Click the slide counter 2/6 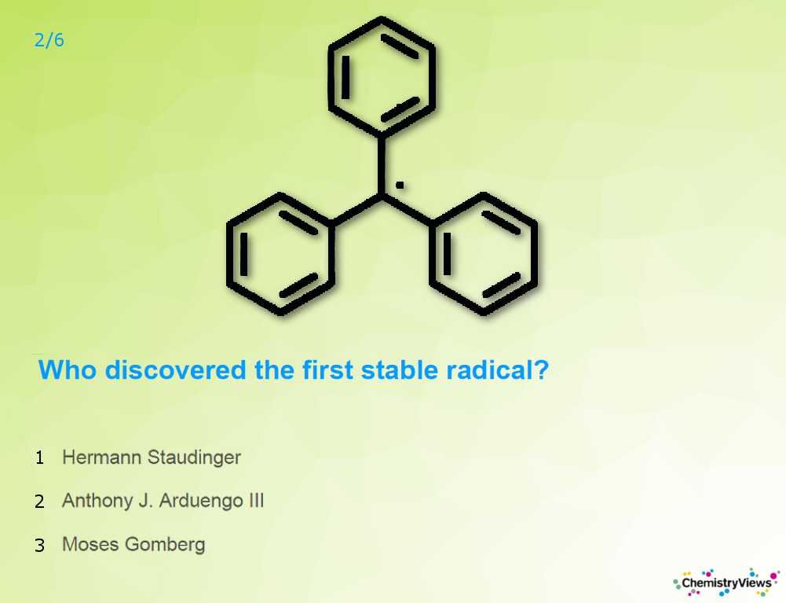(49, 40)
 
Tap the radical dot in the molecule (400, 186)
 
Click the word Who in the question (68, 370)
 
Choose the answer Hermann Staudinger (152, 458)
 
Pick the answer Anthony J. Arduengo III (163, 501)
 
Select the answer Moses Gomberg (133, 545)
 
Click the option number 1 (39, 458)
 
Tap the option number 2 (39, 502)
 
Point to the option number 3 (39, 546)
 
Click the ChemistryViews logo (726, 583)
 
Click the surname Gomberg (165, 545)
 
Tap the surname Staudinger (194, 458)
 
